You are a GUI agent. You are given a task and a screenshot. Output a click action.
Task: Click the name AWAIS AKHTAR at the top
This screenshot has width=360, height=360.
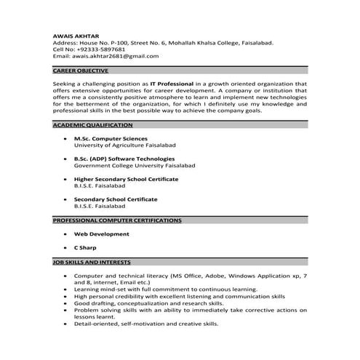[x=76, y=36]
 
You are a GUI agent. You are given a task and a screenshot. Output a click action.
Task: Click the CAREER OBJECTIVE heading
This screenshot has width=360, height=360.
[x=81, y=71]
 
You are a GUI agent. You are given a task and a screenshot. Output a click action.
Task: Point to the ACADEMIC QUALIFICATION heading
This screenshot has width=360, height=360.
[x=92, y=125]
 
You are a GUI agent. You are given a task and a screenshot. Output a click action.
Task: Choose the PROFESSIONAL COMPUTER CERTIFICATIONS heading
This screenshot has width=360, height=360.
[x=117, y=220]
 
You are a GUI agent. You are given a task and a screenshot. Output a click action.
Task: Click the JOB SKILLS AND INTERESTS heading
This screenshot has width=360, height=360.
[x=92, y=261]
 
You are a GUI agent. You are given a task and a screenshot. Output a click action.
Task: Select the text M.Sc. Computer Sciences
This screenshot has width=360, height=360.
[x=111, y=138]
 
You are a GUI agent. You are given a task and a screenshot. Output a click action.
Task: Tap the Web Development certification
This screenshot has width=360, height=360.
[x=102, y=234]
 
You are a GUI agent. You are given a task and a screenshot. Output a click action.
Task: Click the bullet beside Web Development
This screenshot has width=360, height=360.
[x=65, y=234]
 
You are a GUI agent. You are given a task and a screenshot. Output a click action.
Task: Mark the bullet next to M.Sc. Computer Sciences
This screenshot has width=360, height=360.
[x=65, y=138]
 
